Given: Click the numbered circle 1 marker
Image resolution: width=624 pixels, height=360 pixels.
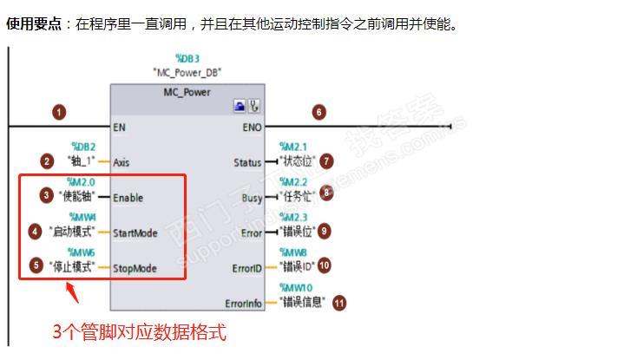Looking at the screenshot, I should (x=58, y=112).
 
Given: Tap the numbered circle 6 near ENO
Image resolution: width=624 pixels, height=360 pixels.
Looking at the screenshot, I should (x=319, y=112).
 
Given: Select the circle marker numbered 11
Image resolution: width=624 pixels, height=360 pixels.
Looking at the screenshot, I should (x=339, y=303).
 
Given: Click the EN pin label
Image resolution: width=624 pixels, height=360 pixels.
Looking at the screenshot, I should (x=120, y=127).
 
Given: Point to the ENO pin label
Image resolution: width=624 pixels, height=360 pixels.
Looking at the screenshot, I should (x=251, y=127).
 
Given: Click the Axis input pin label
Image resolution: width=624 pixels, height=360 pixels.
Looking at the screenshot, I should (x=122, y=162).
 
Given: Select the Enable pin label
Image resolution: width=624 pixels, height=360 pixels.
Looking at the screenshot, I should (x=128, y=198).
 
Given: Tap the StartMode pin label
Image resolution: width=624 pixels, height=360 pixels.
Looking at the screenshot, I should (x=135, y=232).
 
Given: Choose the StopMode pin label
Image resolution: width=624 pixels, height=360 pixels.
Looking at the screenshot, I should (x=135, y=268).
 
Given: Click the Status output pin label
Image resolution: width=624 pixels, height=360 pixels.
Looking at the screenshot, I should (x=247, y=162).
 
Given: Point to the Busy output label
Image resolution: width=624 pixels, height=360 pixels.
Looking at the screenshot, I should (x=252, y=198).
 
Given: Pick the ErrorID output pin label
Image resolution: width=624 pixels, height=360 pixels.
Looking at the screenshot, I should (x=246, y=268).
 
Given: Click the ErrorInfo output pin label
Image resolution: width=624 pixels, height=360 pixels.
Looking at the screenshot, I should (x=243, y=303).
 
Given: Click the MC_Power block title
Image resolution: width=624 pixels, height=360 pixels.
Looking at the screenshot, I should (x=187, y=92).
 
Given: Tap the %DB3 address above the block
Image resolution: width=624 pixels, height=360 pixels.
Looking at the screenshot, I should (x=187, y=59).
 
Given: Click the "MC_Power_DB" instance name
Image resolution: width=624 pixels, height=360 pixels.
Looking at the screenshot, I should (x=187, y=72).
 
